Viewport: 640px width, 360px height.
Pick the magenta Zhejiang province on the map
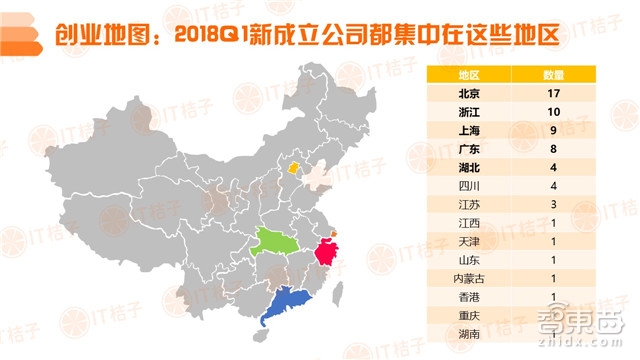[x=325, y=251]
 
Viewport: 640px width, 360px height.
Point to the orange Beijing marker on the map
[x=293, y=170]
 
